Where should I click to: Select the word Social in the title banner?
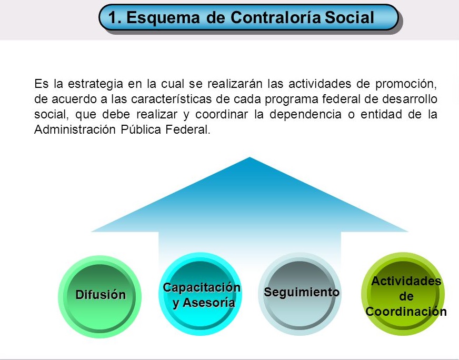pos(350,18)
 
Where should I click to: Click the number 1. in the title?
pos(115,18)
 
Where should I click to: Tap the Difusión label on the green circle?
pos(101,295)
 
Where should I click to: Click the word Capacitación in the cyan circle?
pos(201,288)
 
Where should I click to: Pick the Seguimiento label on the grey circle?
pos(302,292)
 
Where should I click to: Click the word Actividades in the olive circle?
pos(406,281)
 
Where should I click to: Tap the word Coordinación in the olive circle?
pos(406,312)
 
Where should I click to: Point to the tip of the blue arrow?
pos(250,158)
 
